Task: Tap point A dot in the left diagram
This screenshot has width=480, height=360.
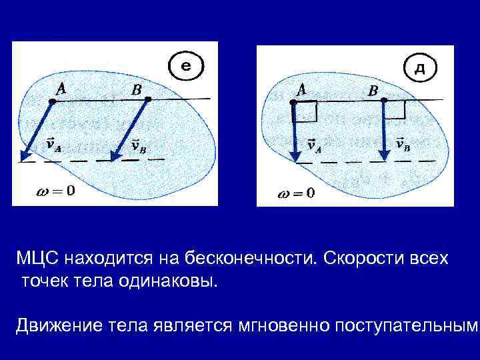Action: click(x=53, y=101)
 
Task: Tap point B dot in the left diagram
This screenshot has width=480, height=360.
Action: click(x=149, y=100)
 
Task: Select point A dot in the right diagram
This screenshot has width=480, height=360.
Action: click(x=292, y=103)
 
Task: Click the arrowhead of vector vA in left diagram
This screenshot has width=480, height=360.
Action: click(x=25, y=156)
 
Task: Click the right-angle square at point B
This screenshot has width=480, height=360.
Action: click(x=395, y=109)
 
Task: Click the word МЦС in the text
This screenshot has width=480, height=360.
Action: click(x=38, y=258)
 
